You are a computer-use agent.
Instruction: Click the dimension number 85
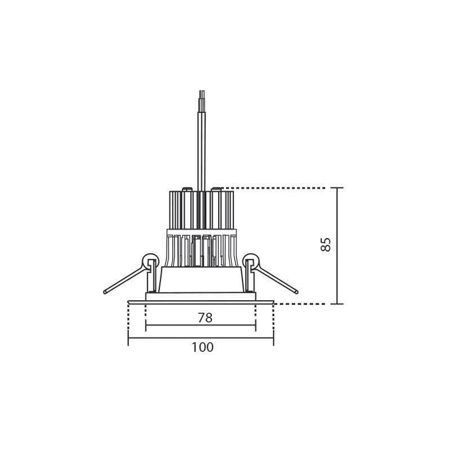326,244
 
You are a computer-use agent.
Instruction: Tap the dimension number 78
205,318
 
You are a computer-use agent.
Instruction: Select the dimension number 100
203,347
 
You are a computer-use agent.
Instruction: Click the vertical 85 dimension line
337,246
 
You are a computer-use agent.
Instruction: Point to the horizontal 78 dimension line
201,325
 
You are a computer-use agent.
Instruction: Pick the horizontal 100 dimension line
201,338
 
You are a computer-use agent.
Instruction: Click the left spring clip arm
125,279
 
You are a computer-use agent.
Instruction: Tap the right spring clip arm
276,279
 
